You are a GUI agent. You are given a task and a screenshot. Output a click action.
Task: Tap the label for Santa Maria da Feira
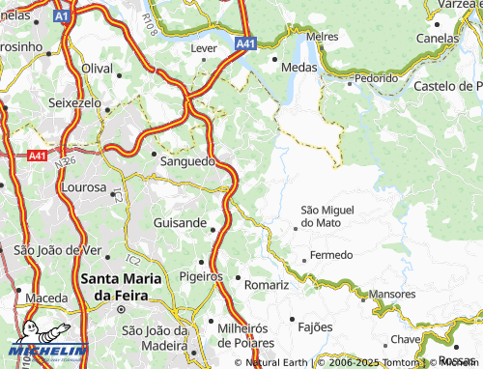click(120, 287)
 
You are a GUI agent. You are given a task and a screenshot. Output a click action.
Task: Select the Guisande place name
click(180, 223)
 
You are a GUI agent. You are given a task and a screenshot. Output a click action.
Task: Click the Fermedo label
click(325, 257)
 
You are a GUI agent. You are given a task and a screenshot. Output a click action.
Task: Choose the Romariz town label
click(267, 286)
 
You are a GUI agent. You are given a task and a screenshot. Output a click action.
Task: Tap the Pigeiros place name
click(201, 276)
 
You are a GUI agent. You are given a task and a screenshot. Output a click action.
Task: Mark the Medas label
click(300, 68)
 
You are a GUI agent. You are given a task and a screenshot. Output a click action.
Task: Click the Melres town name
click(321, 36)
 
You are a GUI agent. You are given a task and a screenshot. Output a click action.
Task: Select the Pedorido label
click(375, 77)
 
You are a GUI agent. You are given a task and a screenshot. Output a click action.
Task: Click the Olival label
click(98, 69)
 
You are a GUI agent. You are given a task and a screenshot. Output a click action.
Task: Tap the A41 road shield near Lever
click(245, 43)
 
